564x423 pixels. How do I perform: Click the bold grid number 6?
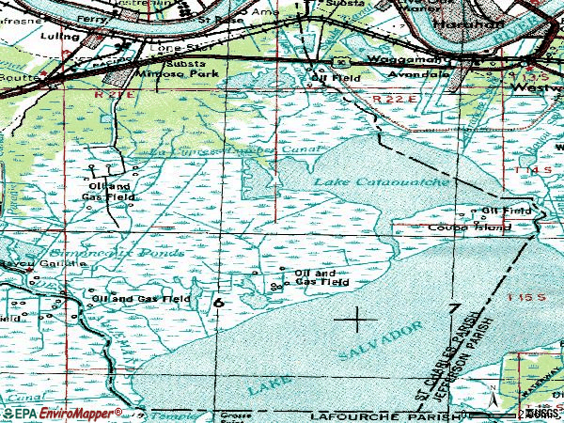coord(218,303)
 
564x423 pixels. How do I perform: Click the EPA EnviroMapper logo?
coord(61,414)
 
